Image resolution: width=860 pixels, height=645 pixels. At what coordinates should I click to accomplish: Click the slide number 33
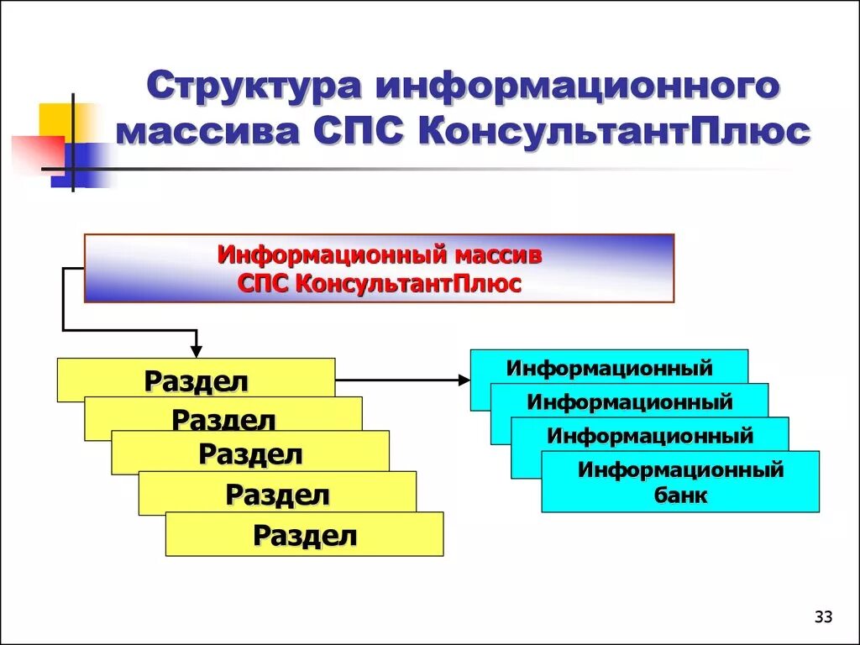(823, 618)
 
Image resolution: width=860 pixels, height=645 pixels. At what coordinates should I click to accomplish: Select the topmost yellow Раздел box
(196, 380)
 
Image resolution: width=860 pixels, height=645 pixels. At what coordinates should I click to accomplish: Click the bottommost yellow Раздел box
(305, 535)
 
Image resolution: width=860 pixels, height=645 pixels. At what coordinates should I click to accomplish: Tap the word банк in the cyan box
(680, 495)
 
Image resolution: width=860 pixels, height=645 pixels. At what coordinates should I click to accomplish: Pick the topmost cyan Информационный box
(609, 368)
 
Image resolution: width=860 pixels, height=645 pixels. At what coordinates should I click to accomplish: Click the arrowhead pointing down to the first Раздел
(196, 350)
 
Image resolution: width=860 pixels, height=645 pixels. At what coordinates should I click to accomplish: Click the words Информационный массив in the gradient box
(380, 254)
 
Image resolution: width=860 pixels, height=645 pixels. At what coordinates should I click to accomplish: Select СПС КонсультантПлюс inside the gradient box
(380, 283)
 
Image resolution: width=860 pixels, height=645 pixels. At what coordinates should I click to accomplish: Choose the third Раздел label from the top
(250, 454)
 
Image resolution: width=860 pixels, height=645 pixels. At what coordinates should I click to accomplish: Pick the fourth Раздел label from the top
(277, 495)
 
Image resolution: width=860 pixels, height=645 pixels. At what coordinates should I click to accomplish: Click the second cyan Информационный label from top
(630, 401)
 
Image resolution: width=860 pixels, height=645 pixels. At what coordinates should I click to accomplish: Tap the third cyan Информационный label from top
(650, 435)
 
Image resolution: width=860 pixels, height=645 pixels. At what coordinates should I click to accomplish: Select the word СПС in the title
(361, 133)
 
